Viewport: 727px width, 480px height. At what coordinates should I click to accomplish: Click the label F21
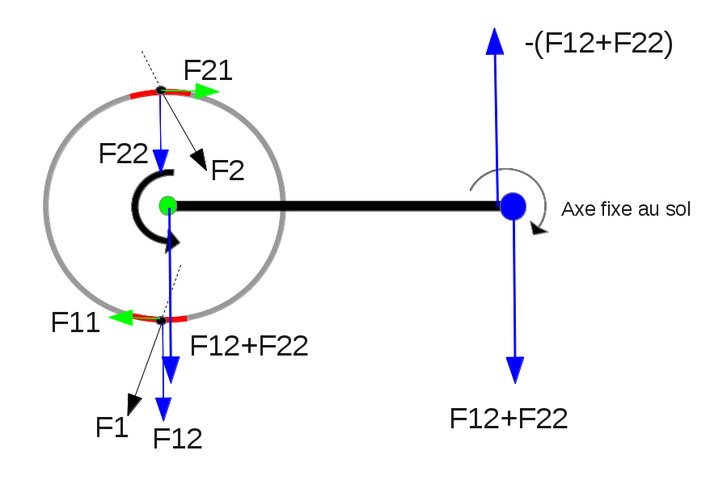pos(208,71)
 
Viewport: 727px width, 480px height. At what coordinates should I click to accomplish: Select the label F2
pos(227,170)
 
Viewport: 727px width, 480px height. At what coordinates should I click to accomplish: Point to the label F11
pos(75,322)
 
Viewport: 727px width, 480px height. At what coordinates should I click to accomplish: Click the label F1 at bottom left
pos(112,426)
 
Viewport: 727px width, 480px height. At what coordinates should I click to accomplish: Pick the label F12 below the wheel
pos(177,438)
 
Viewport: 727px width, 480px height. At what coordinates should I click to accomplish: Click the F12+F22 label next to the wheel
pos(249,346)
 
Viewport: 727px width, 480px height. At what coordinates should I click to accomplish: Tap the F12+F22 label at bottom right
pos(509,418)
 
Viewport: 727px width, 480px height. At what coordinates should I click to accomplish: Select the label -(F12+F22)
pos(598,44)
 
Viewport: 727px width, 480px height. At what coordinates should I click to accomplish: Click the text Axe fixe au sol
pos(626,210)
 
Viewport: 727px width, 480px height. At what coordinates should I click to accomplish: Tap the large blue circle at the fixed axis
pos(513,207)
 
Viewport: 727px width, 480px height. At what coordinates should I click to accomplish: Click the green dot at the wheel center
pos(167,204)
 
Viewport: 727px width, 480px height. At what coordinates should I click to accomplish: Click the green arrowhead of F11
pos(120,318)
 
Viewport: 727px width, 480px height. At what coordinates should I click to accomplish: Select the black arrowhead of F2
pos(199,162)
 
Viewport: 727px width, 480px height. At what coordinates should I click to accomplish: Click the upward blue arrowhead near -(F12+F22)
pos(493,40)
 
